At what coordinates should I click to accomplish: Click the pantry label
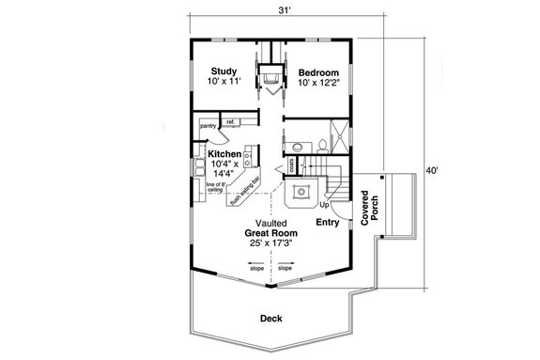[208, 122]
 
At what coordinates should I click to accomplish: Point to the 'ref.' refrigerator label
[230, 122]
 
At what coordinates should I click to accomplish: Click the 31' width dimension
[283, 10]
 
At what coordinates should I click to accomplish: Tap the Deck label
[272, 318]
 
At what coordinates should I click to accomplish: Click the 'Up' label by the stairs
[326, 204]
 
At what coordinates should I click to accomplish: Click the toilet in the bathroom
[323, 145]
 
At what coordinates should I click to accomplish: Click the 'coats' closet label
[292, 164]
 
